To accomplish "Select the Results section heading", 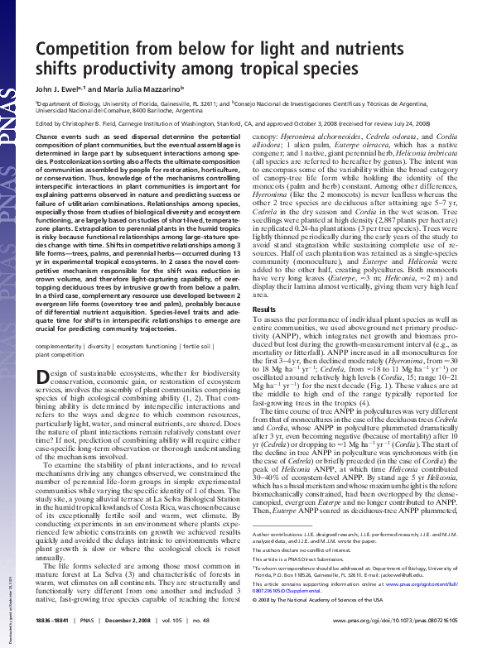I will tap(264, 309).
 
